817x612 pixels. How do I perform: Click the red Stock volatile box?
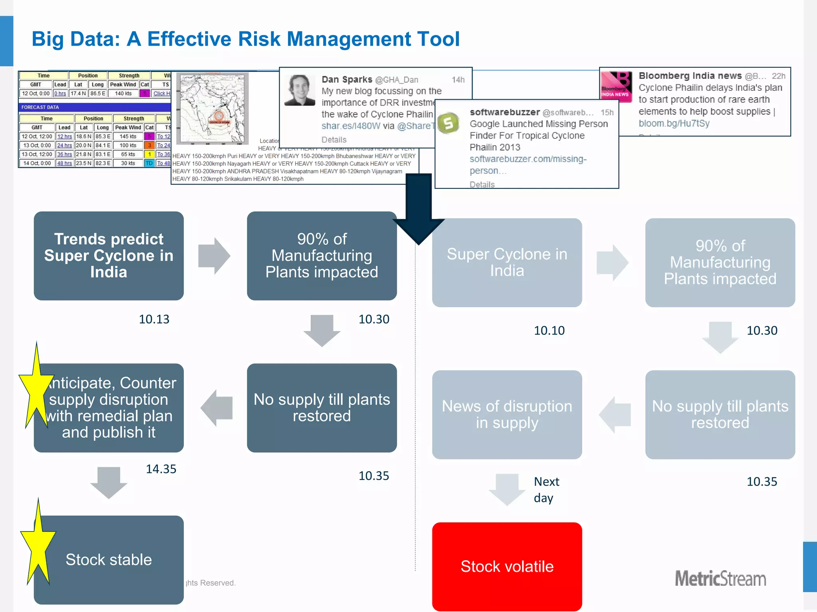tap(507, 566)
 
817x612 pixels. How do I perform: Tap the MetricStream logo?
tap(720, 578)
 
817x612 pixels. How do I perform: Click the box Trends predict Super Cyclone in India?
tap(109, 255)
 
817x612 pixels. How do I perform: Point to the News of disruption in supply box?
tap(507, 414)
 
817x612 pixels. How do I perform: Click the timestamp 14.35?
tap(161, 469)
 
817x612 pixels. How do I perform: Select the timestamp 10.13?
tap(154, 319)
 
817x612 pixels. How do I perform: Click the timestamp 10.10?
tap(549, 330)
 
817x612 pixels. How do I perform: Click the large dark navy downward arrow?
tap(418, 207)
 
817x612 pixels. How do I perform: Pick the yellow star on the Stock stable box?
tap(38, 546)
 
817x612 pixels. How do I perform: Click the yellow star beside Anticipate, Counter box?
tap(36, 388)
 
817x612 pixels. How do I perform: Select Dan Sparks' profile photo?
tap(300, 90)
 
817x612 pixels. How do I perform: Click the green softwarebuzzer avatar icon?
tap(448, 123)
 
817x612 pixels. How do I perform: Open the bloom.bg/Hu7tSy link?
tap(674, 124)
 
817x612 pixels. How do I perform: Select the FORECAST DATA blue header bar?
tap(95, 107)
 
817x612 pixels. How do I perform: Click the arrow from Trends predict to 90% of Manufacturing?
tap(214, 256)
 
